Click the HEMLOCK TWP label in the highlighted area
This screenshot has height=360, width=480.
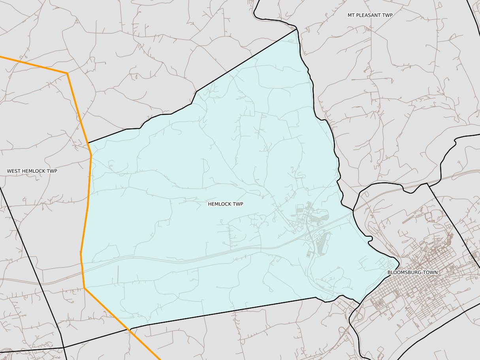226,204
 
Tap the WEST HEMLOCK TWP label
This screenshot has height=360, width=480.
32,171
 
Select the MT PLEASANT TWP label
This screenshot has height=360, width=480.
370,15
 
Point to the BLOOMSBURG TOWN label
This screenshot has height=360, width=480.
412,273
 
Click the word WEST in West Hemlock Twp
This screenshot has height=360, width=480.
15,171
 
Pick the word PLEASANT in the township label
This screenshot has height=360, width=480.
370,15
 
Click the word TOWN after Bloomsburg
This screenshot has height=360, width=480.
431,273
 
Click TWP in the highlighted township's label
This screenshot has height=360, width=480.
238,204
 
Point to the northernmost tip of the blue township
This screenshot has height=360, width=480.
296,30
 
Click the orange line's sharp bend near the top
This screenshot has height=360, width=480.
67,73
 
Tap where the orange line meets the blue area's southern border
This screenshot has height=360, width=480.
130,328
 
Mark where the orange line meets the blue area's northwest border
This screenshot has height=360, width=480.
88,143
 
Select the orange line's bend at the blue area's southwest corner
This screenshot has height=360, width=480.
85,288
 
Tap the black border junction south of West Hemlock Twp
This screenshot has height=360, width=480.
64,347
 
